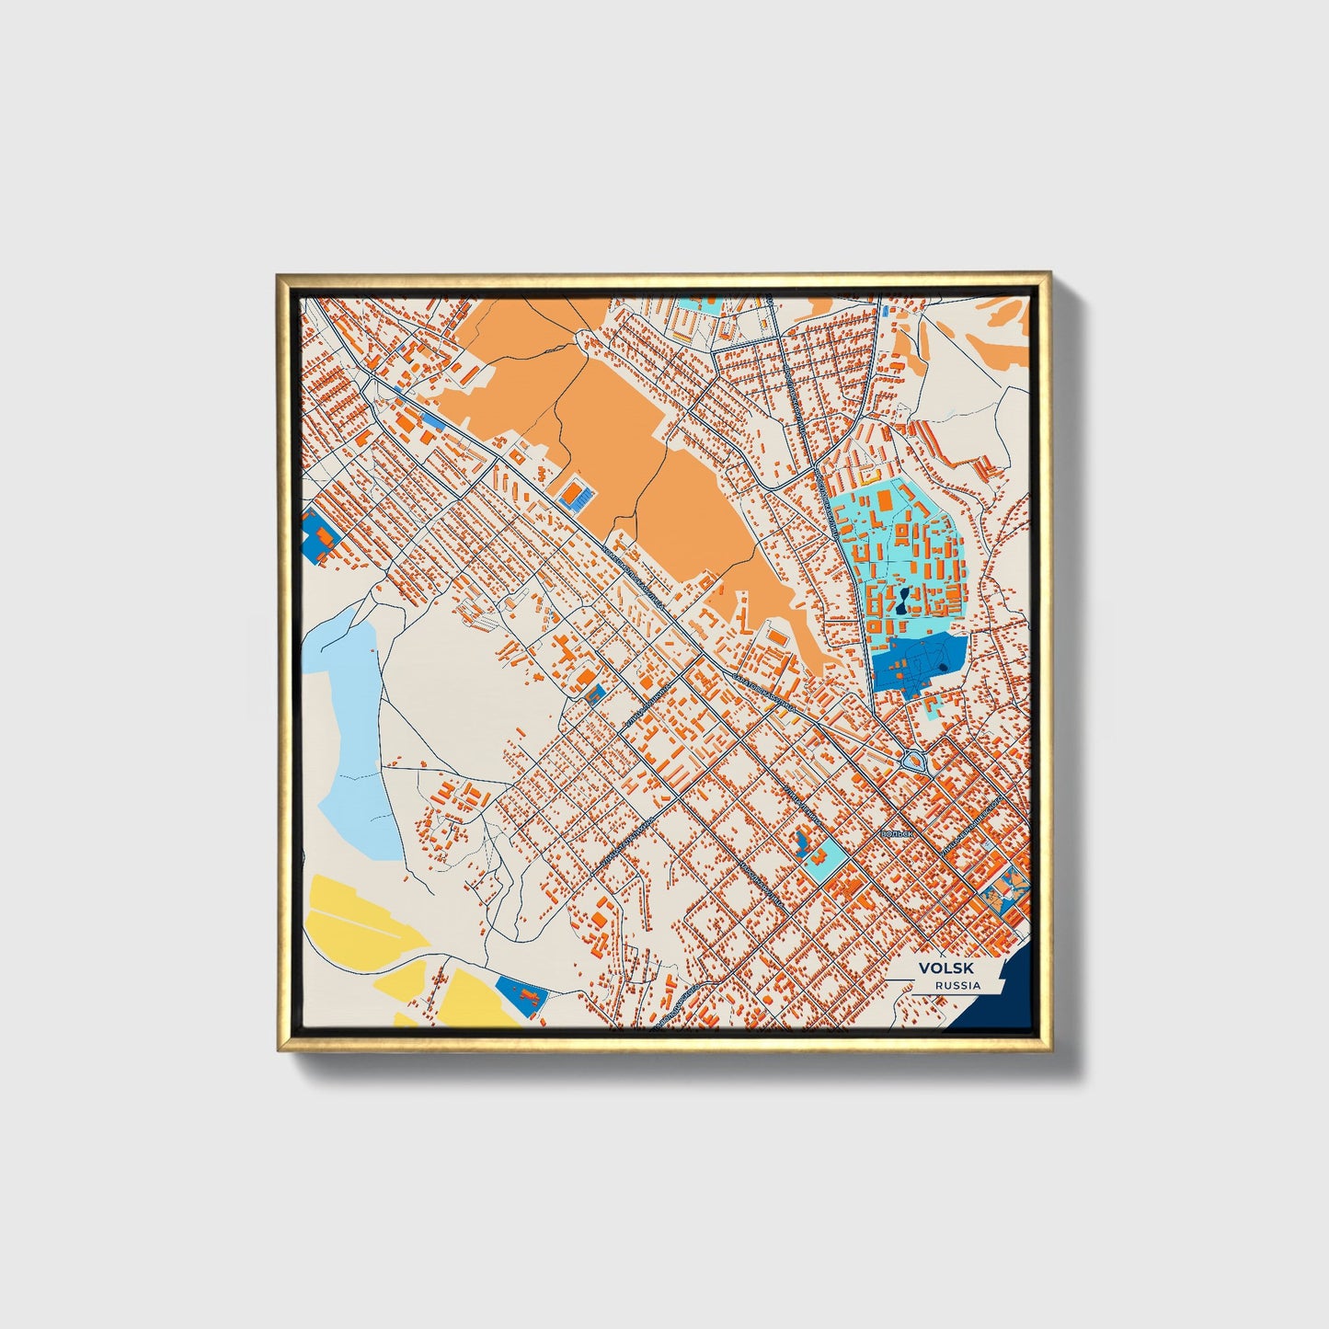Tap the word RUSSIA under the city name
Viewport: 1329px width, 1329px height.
[957, 985]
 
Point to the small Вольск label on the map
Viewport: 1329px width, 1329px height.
[894, 833]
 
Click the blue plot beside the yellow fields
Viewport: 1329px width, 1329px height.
[519, 994]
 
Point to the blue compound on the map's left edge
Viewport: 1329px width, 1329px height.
[318, 534]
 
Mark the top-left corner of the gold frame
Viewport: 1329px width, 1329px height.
[278, 274]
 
